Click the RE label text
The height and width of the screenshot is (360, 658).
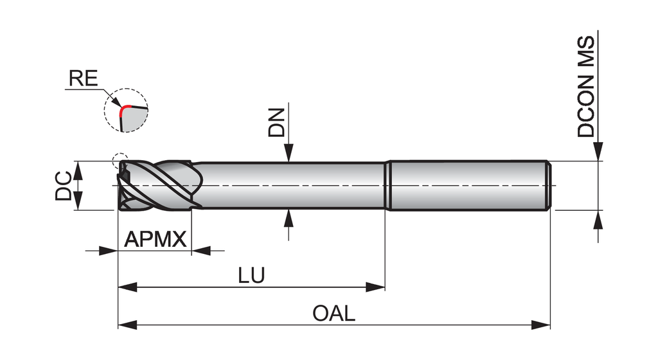[83, 79]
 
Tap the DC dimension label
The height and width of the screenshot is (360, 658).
[63, 186]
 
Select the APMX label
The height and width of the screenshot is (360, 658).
[155, 240]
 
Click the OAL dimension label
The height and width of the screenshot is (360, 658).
[333, 314]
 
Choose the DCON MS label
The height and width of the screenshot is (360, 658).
[586, 87]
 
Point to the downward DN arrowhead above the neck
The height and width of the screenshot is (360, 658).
[289, 153]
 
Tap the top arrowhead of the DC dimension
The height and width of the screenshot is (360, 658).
[78, 170]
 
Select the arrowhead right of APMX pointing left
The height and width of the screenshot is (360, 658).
[201, 251]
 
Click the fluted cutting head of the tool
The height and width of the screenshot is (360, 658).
[157, 186]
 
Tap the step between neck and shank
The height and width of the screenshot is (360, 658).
[387, 185]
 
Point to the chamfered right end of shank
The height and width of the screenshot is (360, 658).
[549, 185]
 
